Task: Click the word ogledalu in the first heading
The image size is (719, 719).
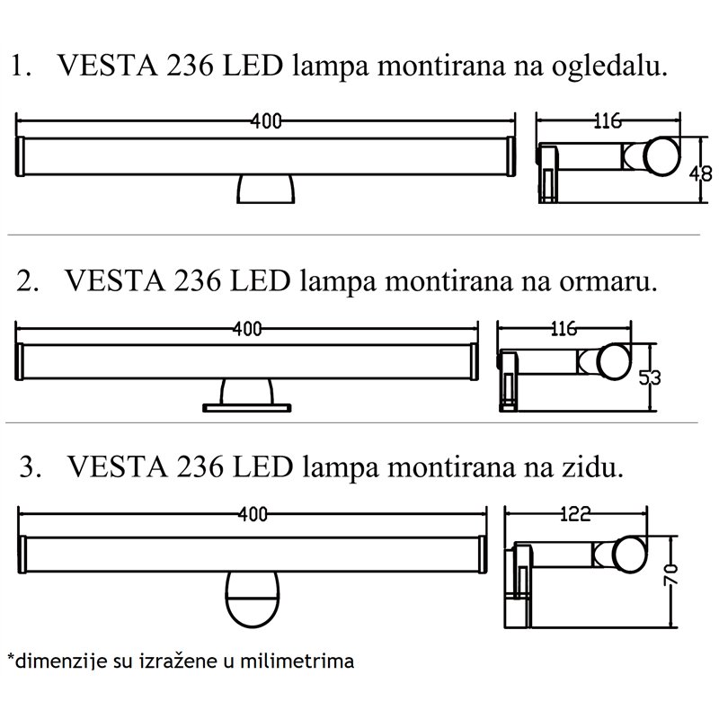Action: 612,68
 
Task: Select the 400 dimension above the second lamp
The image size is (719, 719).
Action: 246,328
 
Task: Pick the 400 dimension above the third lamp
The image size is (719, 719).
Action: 254,515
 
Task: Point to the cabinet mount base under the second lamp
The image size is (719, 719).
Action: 247,396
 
